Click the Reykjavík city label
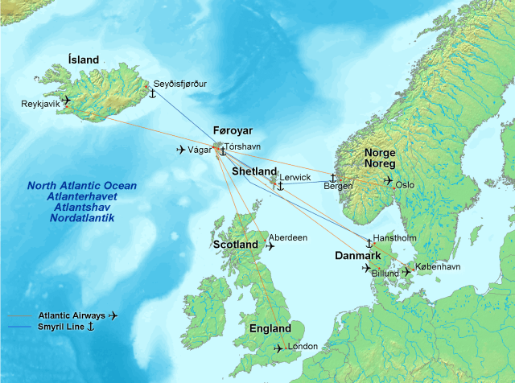click(x=40, y=104)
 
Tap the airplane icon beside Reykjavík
click(x=66, y=101)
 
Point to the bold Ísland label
click(x=84, y=60)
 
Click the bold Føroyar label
click(x=233, y=130)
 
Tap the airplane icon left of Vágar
click(x=181, y=150)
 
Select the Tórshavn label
click(x=243, y=147)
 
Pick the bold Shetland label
click(x=254, y=172)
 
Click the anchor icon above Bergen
click(x=332, y=176)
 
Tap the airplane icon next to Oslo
click(x=389, y=180)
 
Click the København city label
click(x=438, y=266)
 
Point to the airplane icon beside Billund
click(x=369, y=268)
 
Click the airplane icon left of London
click(x=278, y=348)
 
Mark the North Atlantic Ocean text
click(x=82, y=186)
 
